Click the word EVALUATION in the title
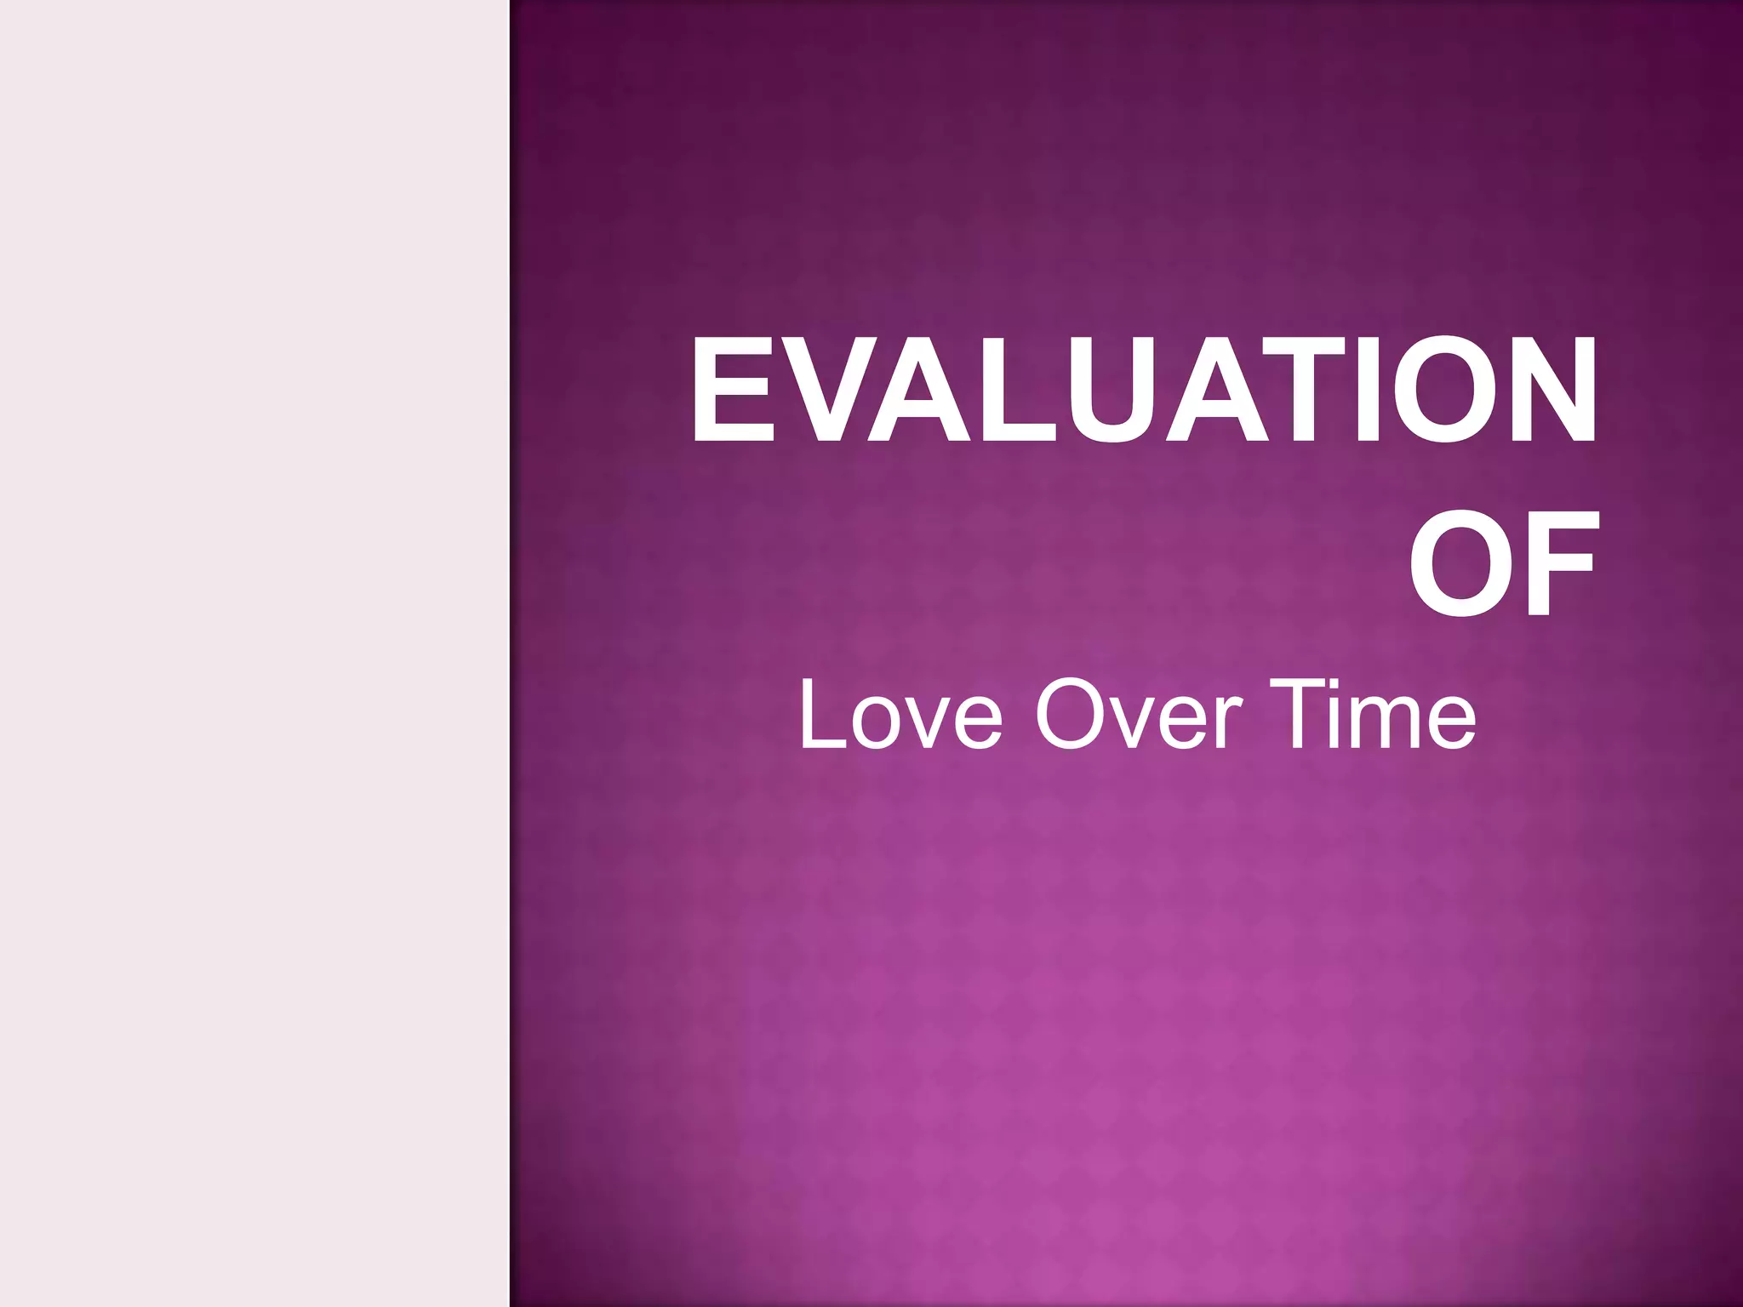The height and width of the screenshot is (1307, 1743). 1143,390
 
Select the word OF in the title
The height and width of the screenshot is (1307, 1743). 1501,563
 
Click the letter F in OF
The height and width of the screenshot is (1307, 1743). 1563,563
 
